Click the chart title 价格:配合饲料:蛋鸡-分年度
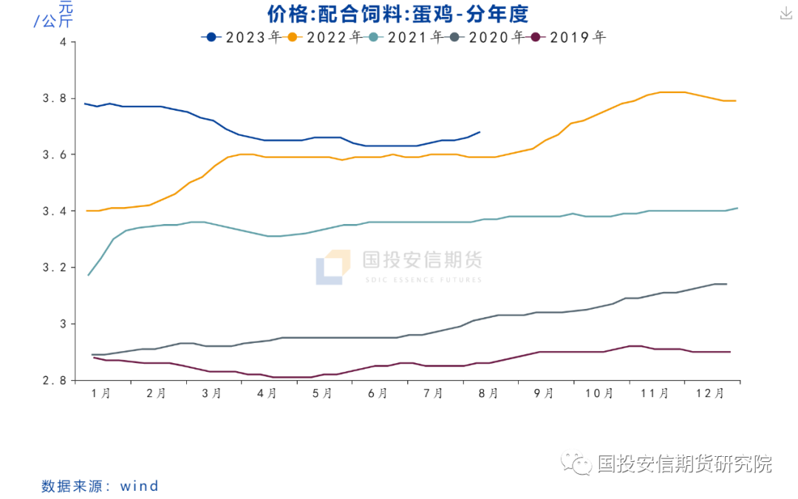[398, 14]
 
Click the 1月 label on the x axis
[101, 394]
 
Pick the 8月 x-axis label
[488, 394]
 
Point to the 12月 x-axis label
[710, 394]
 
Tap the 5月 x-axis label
[322, 394]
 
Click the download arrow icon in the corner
[785, 13]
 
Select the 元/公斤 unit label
[53, 15]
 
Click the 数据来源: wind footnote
[100, 486]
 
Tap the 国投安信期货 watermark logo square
[332, 267]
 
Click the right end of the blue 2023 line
[480, 132]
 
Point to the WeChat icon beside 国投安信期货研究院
[576, 464]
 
